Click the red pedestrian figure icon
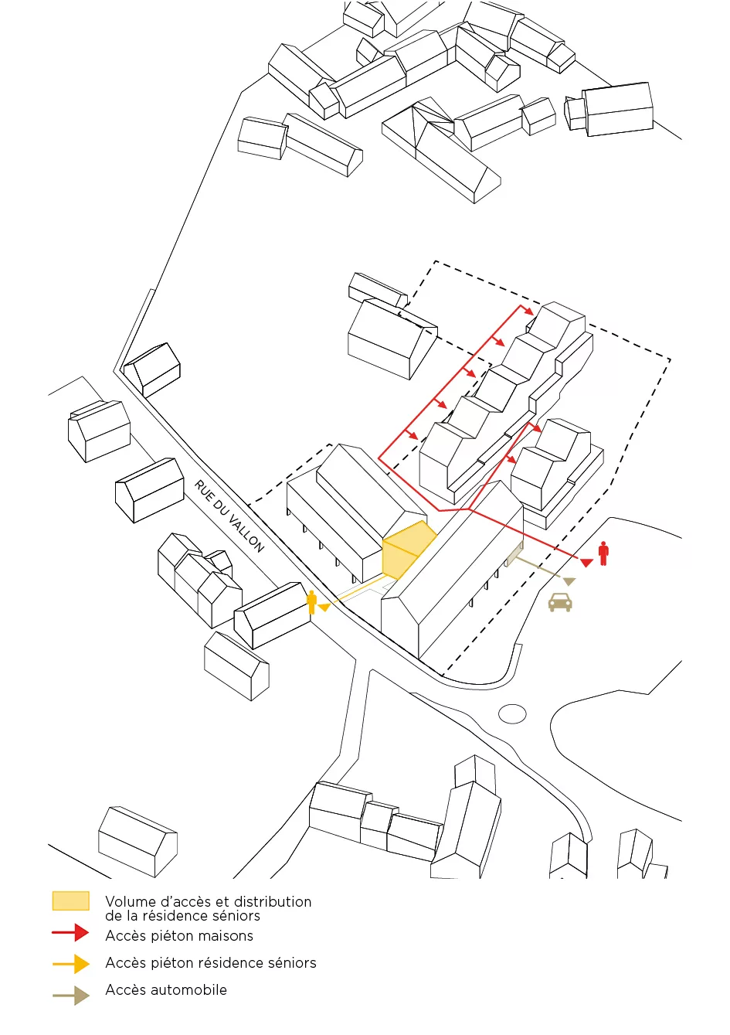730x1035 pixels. point(603,553)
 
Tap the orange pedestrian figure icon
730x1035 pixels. point(312,602)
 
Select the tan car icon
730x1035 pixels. point(560,602)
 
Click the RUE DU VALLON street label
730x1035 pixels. point(229,516)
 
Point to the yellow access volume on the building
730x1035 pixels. point(406,550)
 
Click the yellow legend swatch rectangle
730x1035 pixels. point(70,901)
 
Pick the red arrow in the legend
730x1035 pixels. point(71,933)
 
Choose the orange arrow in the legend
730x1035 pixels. point(71,964)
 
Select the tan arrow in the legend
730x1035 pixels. point(71,996)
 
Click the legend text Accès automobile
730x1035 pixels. point(166,990)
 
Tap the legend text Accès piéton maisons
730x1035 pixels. point(179,936)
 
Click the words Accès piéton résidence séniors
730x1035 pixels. point(211,963)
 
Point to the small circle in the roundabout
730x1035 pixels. point(512,713)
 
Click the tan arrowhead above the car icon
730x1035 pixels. point(569,580)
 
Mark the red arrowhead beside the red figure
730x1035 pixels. point(586,562)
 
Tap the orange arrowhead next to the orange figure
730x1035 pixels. point(324,608)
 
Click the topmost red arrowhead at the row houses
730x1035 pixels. point(529,312)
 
